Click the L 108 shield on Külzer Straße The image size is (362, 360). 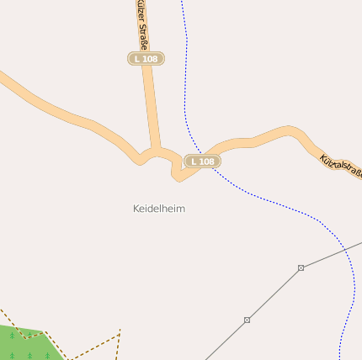coord(146,58)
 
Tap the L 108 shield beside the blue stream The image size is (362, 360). coord(202,161)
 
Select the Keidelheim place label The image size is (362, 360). coord(158,208)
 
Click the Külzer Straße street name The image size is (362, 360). coord(141,24)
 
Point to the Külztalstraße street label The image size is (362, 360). coord(340,166)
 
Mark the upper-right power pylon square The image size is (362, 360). coord(301,267)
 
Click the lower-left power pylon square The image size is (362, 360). coord(247,320)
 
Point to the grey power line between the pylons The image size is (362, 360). coord(274,294)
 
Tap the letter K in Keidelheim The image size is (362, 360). coord(136,208)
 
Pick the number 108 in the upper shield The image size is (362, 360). coord(150,58)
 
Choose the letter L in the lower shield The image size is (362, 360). coord(194,161)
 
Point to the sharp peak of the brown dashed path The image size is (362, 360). coord(120,331)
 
